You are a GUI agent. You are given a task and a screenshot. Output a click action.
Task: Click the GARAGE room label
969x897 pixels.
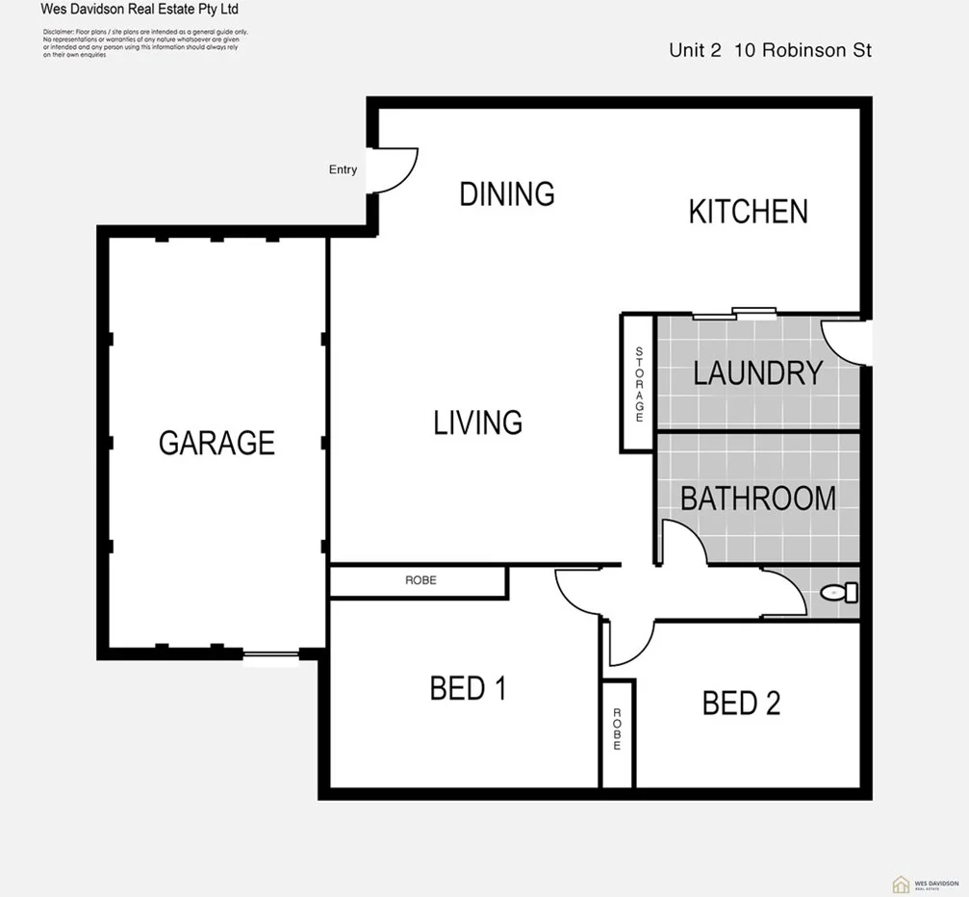click(x=217, y=443)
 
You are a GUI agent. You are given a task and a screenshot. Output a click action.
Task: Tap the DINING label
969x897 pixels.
click(x=507, y=193)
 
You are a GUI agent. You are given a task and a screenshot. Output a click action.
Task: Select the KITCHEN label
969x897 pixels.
click(x=748, y=212)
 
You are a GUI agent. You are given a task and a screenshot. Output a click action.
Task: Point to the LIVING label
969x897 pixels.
click(x=477, y=423)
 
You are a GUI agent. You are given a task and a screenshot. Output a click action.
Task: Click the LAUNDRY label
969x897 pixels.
click(x=757, y=372)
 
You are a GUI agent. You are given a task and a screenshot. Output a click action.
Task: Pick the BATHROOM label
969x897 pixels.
click(x=757, y=499)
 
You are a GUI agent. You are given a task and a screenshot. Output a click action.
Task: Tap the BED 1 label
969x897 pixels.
click(x=468, y=689)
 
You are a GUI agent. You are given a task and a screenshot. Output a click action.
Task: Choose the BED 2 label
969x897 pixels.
click(x=741, y=704)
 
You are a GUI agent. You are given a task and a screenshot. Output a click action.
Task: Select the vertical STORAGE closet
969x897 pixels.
click(x=638, y=384)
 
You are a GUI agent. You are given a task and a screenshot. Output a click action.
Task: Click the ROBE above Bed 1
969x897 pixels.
click(x=420, y=581)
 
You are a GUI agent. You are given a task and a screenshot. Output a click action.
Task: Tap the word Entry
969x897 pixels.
click(x=343, y=169)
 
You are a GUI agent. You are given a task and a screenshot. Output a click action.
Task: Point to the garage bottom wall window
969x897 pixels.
click(x=270, y=656)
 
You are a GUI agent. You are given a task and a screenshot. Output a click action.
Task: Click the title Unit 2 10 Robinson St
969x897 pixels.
click(x=770, y=51)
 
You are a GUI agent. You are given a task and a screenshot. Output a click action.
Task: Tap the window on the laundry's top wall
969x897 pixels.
click(x=735, y=313)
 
